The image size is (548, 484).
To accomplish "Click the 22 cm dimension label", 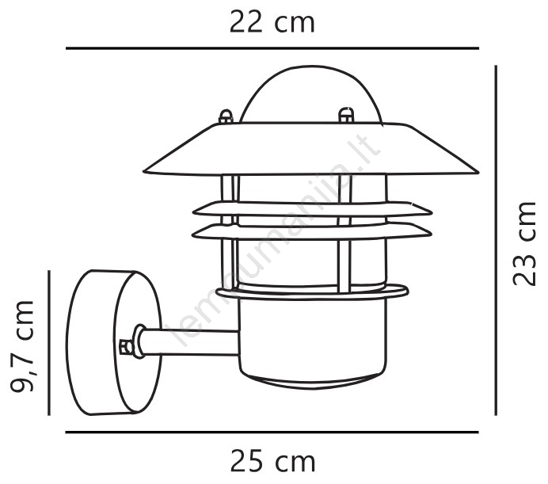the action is pyautogui.click(x=272, y=23).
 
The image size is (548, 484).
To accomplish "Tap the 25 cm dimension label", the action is pyautogui.click(x=272, y=462).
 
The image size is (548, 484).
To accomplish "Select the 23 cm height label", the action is pyautogui.click(x=524, y=244).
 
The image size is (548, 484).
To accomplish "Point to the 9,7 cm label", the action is pyautogui.click(x=22, y=346).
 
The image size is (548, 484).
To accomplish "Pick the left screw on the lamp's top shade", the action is pyautogui.click(x=226, y=116).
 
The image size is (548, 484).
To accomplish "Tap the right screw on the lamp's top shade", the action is pyautogui.click(x=346, y=115).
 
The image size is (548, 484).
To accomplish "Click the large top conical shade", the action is pyautogui.click(x=310, y=149).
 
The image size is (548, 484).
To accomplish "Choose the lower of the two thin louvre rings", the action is pyautogui.click(x=312, y=232).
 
